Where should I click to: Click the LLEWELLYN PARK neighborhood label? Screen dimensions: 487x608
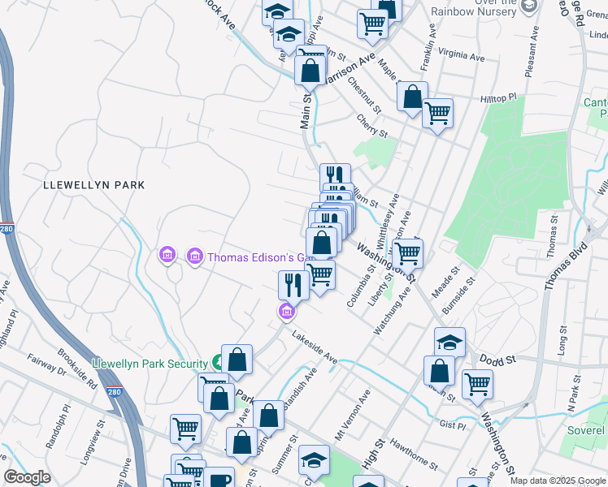coord(93,185)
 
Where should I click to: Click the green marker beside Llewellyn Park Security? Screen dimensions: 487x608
coord(219,362)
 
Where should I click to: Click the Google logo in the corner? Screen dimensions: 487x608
coord(27,477)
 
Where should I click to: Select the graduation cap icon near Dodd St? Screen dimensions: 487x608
coord(449,341)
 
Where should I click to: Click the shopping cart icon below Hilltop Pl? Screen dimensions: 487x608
coord(437,113)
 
